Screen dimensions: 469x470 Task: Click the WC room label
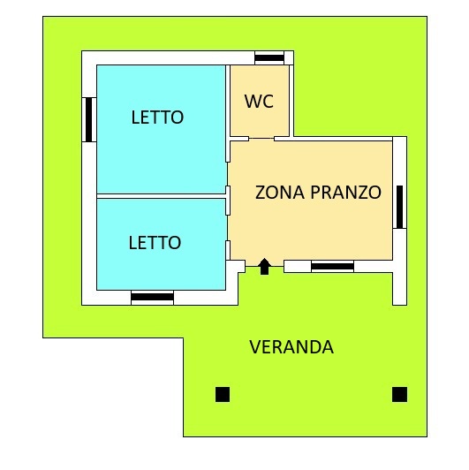point(259,102)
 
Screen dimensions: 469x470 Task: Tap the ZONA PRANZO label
point(318,192)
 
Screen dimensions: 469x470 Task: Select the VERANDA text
point(291,347)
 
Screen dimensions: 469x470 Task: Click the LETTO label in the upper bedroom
point(157,117)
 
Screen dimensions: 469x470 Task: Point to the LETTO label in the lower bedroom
point(155,242)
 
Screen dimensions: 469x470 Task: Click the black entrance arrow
point(264,267)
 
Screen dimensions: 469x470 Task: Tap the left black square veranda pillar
point(223,394)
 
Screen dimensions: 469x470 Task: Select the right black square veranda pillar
point(399,394)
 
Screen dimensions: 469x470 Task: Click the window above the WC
point(269,57)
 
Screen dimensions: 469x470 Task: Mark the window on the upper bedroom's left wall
point(89,119)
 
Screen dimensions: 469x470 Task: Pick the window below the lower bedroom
point(152,298)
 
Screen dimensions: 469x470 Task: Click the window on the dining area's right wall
point(399,207)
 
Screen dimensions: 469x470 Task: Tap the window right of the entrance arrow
point(332,267)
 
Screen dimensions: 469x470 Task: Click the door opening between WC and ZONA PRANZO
point(261,139)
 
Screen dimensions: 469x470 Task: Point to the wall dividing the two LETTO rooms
point(162,196)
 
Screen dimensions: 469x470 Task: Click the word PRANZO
point(346,192)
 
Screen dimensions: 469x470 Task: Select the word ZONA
point(280,192)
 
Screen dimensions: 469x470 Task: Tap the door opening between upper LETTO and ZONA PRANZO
point(228,174)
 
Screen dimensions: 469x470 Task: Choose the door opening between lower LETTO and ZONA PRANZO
point(228,228)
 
